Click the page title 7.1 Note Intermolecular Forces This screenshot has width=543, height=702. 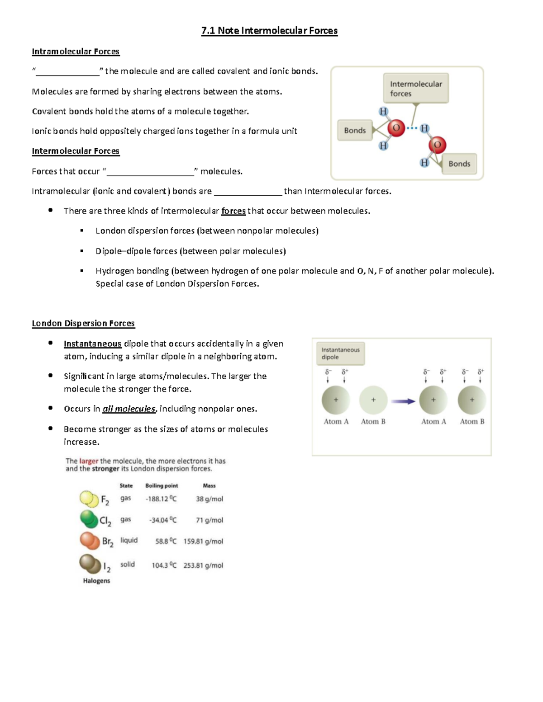[269, 31]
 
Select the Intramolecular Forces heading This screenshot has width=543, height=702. [76, 52]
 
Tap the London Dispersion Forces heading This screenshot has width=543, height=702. [83, 323]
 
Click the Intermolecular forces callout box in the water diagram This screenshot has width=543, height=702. [416, 89]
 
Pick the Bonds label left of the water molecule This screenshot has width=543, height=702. [355, 130]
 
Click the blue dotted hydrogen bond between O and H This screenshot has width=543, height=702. [412, 128]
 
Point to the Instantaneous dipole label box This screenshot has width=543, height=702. [340, 353]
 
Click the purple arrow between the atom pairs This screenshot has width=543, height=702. [403, 401]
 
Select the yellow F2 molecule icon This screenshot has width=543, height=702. [89, 499]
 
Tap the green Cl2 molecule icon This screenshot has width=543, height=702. [89, 519]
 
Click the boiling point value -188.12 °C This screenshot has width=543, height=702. [161, 499]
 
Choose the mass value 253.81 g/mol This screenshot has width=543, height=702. [203, 565]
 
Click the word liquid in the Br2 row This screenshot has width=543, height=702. [129, 540]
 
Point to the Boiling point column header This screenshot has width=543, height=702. [162, 485]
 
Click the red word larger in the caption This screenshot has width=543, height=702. [89, 461]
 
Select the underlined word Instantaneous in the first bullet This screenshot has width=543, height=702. [92, 344]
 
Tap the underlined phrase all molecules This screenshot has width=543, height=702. [129, 409]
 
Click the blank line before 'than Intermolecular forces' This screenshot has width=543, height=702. [248, 192]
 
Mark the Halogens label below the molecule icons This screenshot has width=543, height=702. [96, 580]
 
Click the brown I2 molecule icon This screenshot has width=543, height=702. [90, 564]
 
